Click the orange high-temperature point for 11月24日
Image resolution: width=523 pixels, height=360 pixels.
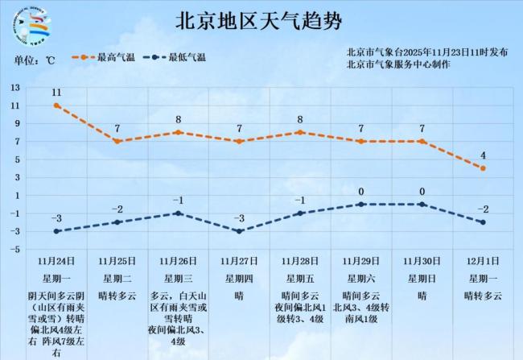[56, 106]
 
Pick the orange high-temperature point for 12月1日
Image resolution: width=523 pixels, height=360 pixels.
[483, 168]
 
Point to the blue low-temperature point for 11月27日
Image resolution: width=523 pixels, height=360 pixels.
[239, 231]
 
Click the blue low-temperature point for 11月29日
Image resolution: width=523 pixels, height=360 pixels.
[361, 205]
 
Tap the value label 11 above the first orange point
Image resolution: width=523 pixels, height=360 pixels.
[56, 92]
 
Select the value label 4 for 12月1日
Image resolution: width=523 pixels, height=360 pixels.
[483, 155]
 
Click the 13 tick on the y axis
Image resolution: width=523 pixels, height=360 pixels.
[15, 87]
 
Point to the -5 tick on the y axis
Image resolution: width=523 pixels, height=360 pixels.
[15, 249]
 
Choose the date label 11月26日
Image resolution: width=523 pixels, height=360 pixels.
[178, 261]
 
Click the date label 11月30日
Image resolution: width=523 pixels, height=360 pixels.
[422, 261]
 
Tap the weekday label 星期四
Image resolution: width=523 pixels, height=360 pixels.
[239, 279]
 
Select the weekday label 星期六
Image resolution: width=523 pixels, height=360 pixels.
[361, 279]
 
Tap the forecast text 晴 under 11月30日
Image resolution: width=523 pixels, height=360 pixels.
[422, 296]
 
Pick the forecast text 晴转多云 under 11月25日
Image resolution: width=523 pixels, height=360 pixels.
[117, 296]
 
